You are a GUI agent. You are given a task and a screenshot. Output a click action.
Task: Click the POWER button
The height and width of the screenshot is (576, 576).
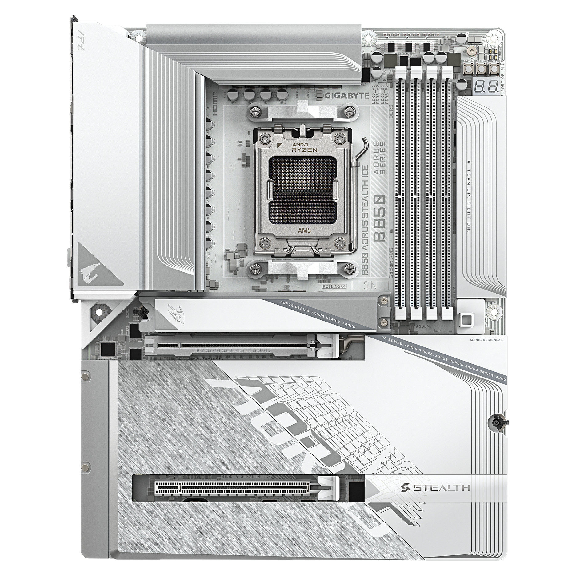pyautogui.click(x=468, y=70)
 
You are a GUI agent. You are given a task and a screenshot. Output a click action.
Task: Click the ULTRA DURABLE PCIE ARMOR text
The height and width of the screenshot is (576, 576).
pyautogui.click(x=232, y=351)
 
